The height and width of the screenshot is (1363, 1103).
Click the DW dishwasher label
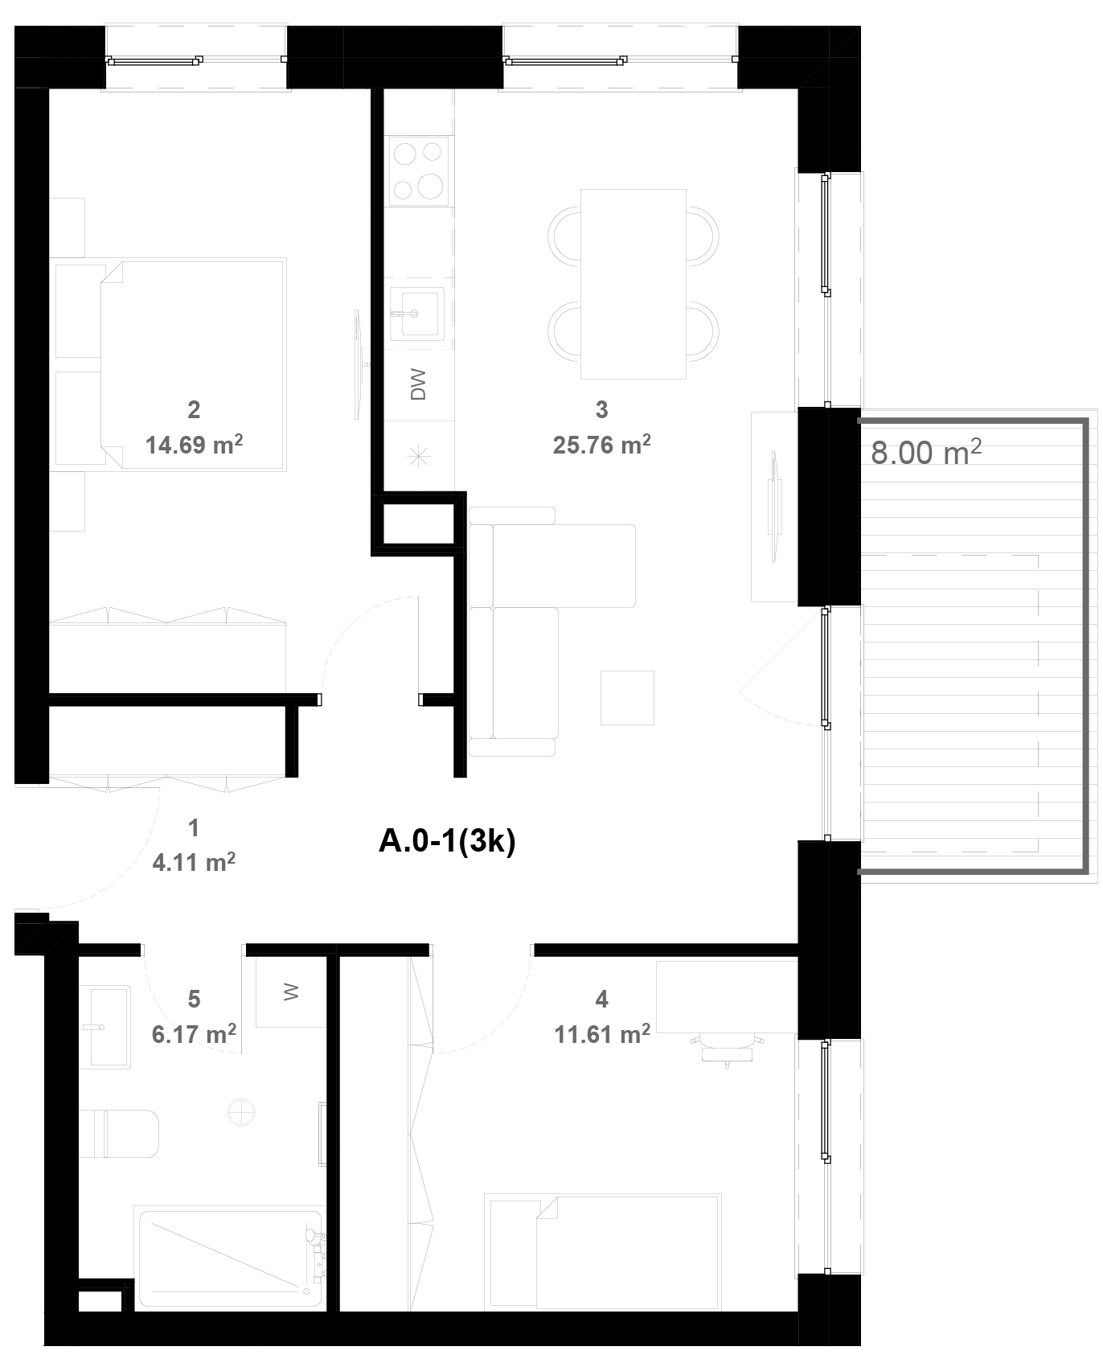click(x=418, y=384)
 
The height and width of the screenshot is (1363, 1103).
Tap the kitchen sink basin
click(x=416, y=313)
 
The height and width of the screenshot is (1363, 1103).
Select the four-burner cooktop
click(x=419, y=170)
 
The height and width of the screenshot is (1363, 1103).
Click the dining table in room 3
click(x=633, y=284)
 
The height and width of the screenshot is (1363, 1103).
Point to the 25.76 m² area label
click(x=601, y=444)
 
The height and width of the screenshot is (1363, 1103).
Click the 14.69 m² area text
click(x=194, y=444)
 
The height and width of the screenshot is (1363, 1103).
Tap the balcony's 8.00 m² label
click(x=926, y=452)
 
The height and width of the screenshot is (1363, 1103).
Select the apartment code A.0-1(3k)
click(x=447, y=841)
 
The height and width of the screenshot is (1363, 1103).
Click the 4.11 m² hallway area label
click(x=194, y=862)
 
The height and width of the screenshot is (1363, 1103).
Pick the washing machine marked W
click(x=291, y=991)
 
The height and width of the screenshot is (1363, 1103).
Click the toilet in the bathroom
click(x=119, y=1134)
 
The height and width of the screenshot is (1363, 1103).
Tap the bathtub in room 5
click(x=230, y=1258)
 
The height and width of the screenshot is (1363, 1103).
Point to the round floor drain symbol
click(x=241, y=1114)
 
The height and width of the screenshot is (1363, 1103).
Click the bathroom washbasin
click(x=105, y=1027)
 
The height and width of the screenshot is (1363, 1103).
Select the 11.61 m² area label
click(x=602, y=1033)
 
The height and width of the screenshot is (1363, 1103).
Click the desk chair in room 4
click(x=727, y=1049)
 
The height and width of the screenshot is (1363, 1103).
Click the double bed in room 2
click(x=170, y=364)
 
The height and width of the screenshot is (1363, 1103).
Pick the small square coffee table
click(x=627, y=698)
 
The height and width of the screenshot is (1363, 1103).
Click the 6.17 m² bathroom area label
click(x=194, y=1033)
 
